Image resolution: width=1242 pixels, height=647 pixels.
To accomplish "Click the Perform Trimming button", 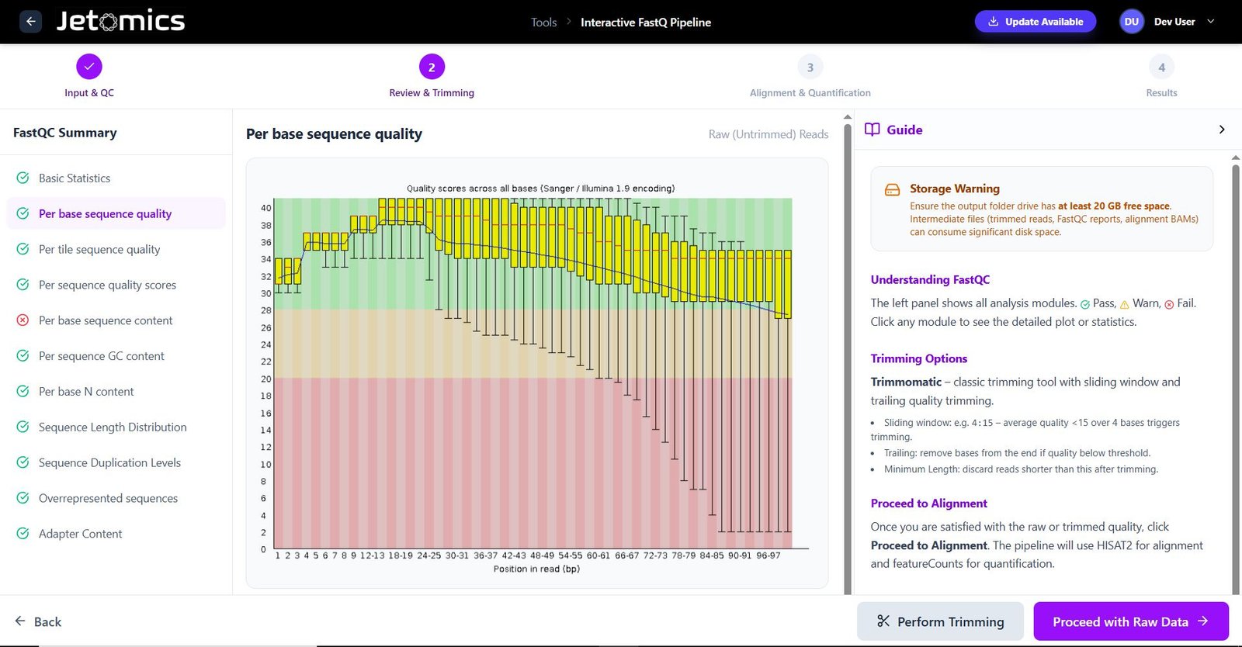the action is pyautogui.click(x=940, y=621).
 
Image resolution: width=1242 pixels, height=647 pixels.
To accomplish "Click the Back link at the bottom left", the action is pyautogui.click(x=38, y=621).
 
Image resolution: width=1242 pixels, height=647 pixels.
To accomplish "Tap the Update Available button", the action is pyautogui.click(x=1036, y=22).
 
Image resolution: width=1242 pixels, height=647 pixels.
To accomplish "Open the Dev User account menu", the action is pyautogui.click(x=1167, y=22).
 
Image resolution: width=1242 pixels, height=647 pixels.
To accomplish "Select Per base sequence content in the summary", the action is pyautogui.click(x=106, y=320).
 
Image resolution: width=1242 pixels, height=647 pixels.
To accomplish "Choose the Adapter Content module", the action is pyautogui.click(x=80, y=534).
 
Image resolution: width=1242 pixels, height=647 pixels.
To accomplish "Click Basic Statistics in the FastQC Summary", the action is pyautogui.click(x=75, y=178).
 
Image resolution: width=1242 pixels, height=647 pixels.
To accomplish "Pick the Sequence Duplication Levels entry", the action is pyautogui.click(x=109, y=462).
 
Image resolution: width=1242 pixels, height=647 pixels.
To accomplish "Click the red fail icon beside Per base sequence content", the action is pyautogui.click(x=23, y=320).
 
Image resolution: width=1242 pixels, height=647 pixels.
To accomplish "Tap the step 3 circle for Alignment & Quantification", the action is pyautogui.click(x=810, y=67).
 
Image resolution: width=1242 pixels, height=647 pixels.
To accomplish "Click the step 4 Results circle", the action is pyautogui.click(x=1161, y=67).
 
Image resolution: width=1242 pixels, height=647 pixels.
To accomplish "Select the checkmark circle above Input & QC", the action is pyautogui.click(x=89, y=67).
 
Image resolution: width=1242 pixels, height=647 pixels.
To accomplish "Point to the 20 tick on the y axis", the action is pyautogui.click(x=266, y=379).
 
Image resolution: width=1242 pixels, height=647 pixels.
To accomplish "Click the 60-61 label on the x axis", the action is pyautogui.click(x=598, y=555).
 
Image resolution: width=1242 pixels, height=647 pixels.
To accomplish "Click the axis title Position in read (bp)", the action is pyautogui.click(x=536, y=569).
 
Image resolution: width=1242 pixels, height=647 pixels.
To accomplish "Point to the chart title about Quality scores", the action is pyautogui.click(x=540, y=189).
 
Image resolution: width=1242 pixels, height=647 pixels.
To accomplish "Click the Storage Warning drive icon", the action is pyautogui.click(x=892, y=189).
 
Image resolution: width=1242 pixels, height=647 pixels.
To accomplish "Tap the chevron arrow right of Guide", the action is pyautogui.click(x=1222, y=130).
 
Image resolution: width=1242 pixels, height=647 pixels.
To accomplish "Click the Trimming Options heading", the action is pyautogui.click(x=919, y=358).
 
